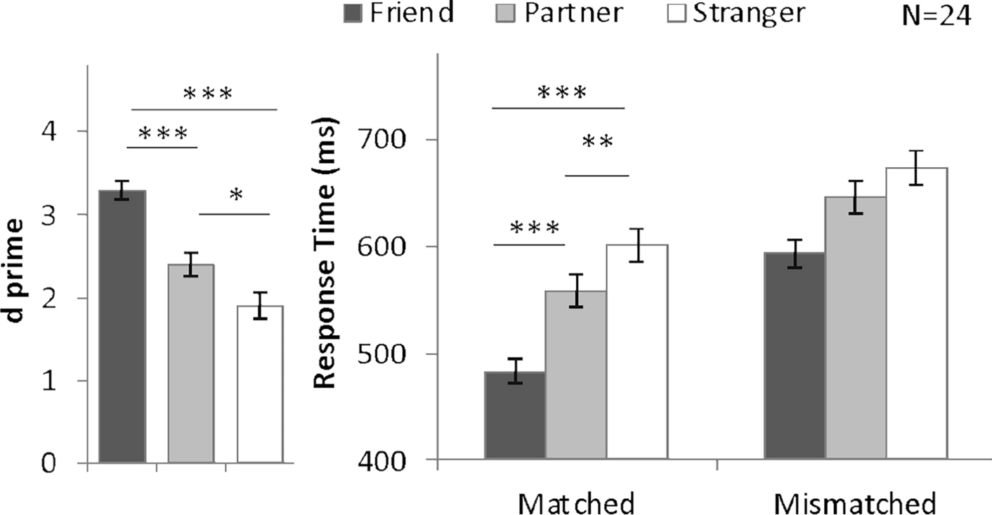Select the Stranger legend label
pos(748,13)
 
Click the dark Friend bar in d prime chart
pos(122,327)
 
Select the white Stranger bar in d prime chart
pos(260,384)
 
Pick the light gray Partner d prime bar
pos(191,363)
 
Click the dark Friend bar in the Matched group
pos(515,415)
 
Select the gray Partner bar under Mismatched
pos(855,328)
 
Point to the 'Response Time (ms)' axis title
pos(325,252)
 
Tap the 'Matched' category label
pos(576,503)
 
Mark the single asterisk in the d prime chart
pos(235,196)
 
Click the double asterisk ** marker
pos(598,143)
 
